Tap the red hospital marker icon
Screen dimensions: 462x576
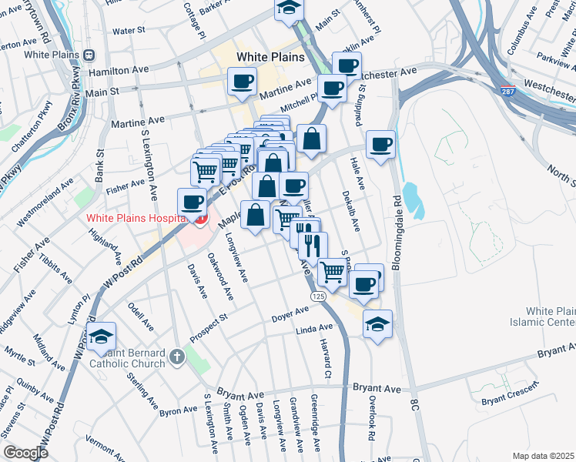point(200,220)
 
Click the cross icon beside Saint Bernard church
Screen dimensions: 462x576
point(176,357)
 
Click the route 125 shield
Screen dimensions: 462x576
point(317,296)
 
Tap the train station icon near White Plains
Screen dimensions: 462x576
point(89,55)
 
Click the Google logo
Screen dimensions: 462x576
point(25,453)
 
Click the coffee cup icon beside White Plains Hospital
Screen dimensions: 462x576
point(192,203)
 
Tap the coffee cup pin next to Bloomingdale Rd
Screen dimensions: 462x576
point(380,144)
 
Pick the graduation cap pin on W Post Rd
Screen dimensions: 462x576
point(101,336)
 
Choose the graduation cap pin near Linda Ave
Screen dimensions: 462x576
point(377,323)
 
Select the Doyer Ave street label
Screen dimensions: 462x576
point(290,316)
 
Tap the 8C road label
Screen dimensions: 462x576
point(415,403)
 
